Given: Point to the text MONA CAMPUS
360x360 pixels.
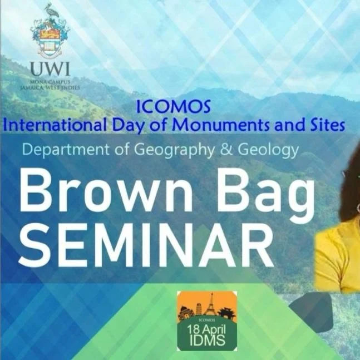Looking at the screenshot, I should click(51, 82).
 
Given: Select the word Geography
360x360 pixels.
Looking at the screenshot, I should click(187, 150).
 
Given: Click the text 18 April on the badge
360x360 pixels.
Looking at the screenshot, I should click(206, 328).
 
